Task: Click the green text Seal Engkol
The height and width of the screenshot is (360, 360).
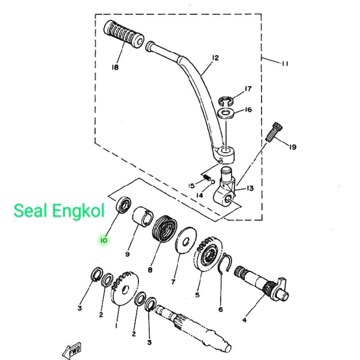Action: pyautogui.click(x=59, y=210)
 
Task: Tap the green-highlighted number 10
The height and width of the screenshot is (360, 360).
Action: pyautogui.click(x=103, y=240)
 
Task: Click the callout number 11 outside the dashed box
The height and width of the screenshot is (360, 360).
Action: pyautogui.click(x=284, y=63)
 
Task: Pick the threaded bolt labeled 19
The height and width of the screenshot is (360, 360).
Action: pyautogui.click(x=272, y=132)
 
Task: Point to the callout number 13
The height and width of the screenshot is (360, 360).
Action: pyautogui.click(x=250, y=188)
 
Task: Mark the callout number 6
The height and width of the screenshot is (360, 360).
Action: pyautogui.click(x=220, y=310)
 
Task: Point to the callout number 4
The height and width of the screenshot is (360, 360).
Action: pyautogui.click(x=244, y=320)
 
